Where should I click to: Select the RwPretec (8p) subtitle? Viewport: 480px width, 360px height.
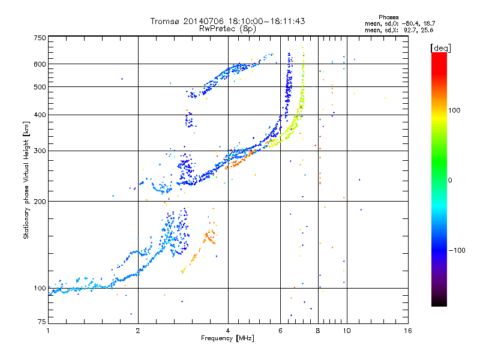227,29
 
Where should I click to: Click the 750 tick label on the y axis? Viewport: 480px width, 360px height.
40,38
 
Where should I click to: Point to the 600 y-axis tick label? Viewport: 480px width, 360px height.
40,64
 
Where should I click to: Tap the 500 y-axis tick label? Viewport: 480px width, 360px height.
40,87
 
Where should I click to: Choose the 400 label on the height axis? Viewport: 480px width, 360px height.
40,115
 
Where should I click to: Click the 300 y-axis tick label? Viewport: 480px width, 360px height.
40,151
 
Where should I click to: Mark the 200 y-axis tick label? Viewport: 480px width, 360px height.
40,202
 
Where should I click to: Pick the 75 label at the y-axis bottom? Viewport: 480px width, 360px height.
42,322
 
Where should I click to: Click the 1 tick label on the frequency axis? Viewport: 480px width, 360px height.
49,331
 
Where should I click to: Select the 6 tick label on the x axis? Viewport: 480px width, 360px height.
280,331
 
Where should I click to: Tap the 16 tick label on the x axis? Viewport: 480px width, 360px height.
408,331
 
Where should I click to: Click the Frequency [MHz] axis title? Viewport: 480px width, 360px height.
227,338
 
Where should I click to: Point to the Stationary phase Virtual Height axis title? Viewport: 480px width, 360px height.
26,180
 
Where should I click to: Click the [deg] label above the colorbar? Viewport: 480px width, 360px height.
440,48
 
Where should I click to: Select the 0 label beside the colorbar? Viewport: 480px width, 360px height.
450,181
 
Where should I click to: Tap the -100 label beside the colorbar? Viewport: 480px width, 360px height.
457,250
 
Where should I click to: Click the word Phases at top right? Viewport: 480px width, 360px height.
388,17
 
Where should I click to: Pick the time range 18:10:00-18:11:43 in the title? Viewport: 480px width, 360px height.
266,21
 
